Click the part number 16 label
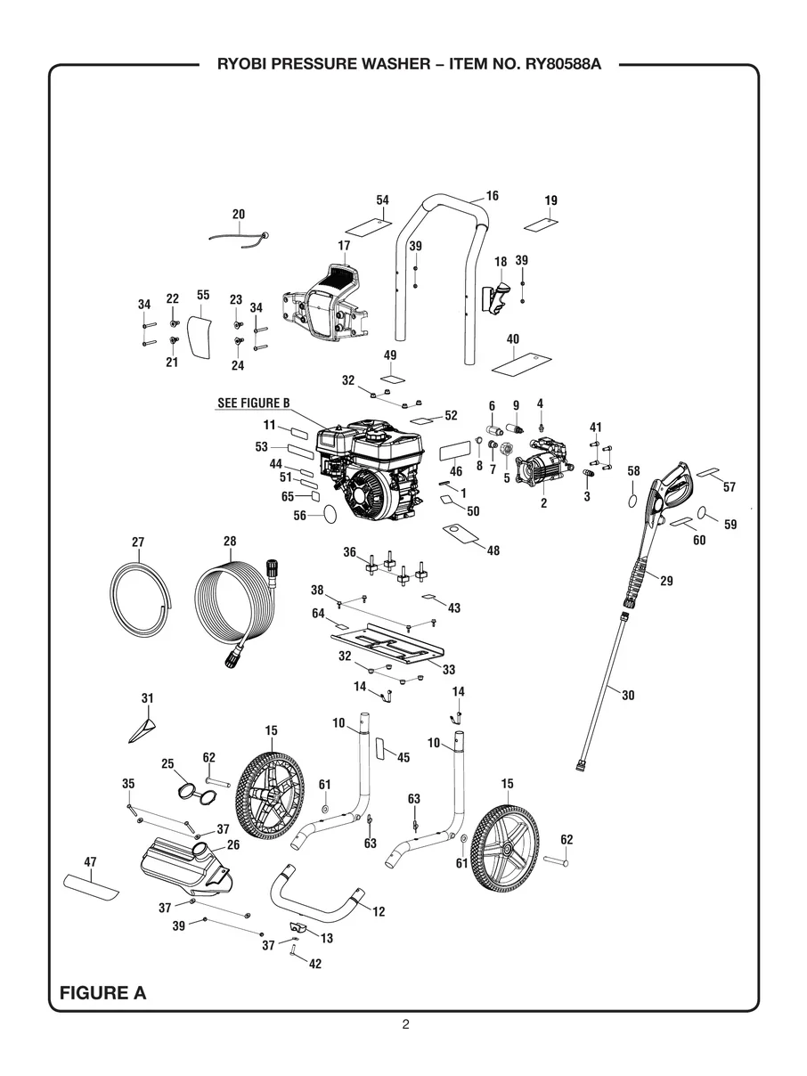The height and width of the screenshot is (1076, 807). pos(492,196)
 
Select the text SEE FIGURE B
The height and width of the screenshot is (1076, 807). pos(254,403)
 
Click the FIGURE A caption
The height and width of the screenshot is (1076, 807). pos(102,993)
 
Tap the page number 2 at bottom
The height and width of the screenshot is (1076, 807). pos(405,1024)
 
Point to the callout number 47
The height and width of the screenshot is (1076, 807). pos(90,862)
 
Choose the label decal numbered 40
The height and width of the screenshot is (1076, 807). pos(518,363)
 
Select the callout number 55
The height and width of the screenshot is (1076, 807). pos(203,295)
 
